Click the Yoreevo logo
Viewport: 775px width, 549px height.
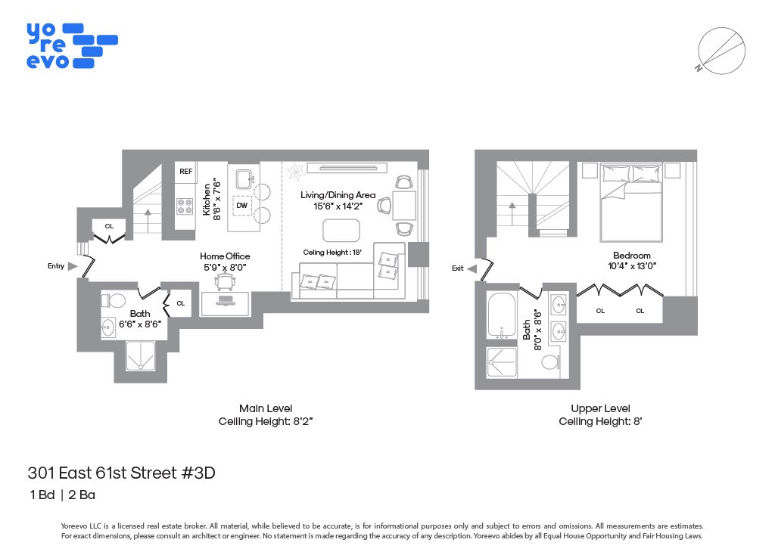coord(71,45)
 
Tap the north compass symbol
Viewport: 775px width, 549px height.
coord(719,51)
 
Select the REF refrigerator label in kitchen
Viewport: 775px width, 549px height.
coord(185,172)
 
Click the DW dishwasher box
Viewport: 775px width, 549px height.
coord(241,205)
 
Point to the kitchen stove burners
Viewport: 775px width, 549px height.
coord(185,206)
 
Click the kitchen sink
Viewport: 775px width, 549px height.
coord(244,179)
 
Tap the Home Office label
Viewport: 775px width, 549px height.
coord(225,256)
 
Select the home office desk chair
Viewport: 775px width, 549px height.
coord(225,281)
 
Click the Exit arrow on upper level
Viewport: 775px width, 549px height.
coord(472,268)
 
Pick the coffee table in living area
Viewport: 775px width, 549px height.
coord(341,229)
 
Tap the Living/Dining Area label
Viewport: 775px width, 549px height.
coord(338,195)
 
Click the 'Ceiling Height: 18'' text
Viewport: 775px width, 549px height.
coord(333,253)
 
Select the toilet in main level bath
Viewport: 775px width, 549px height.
coord(116,301)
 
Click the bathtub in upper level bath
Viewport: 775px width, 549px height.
coord(501,315)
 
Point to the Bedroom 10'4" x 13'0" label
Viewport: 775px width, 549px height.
coord(632,260)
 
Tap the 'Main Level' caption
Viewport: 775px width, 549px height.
coord(265,408)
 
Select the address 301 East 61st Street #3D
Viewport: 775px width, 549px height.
coord(122,473)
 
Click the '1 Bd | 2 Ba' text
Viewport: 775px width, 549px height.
coord(62,496)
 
